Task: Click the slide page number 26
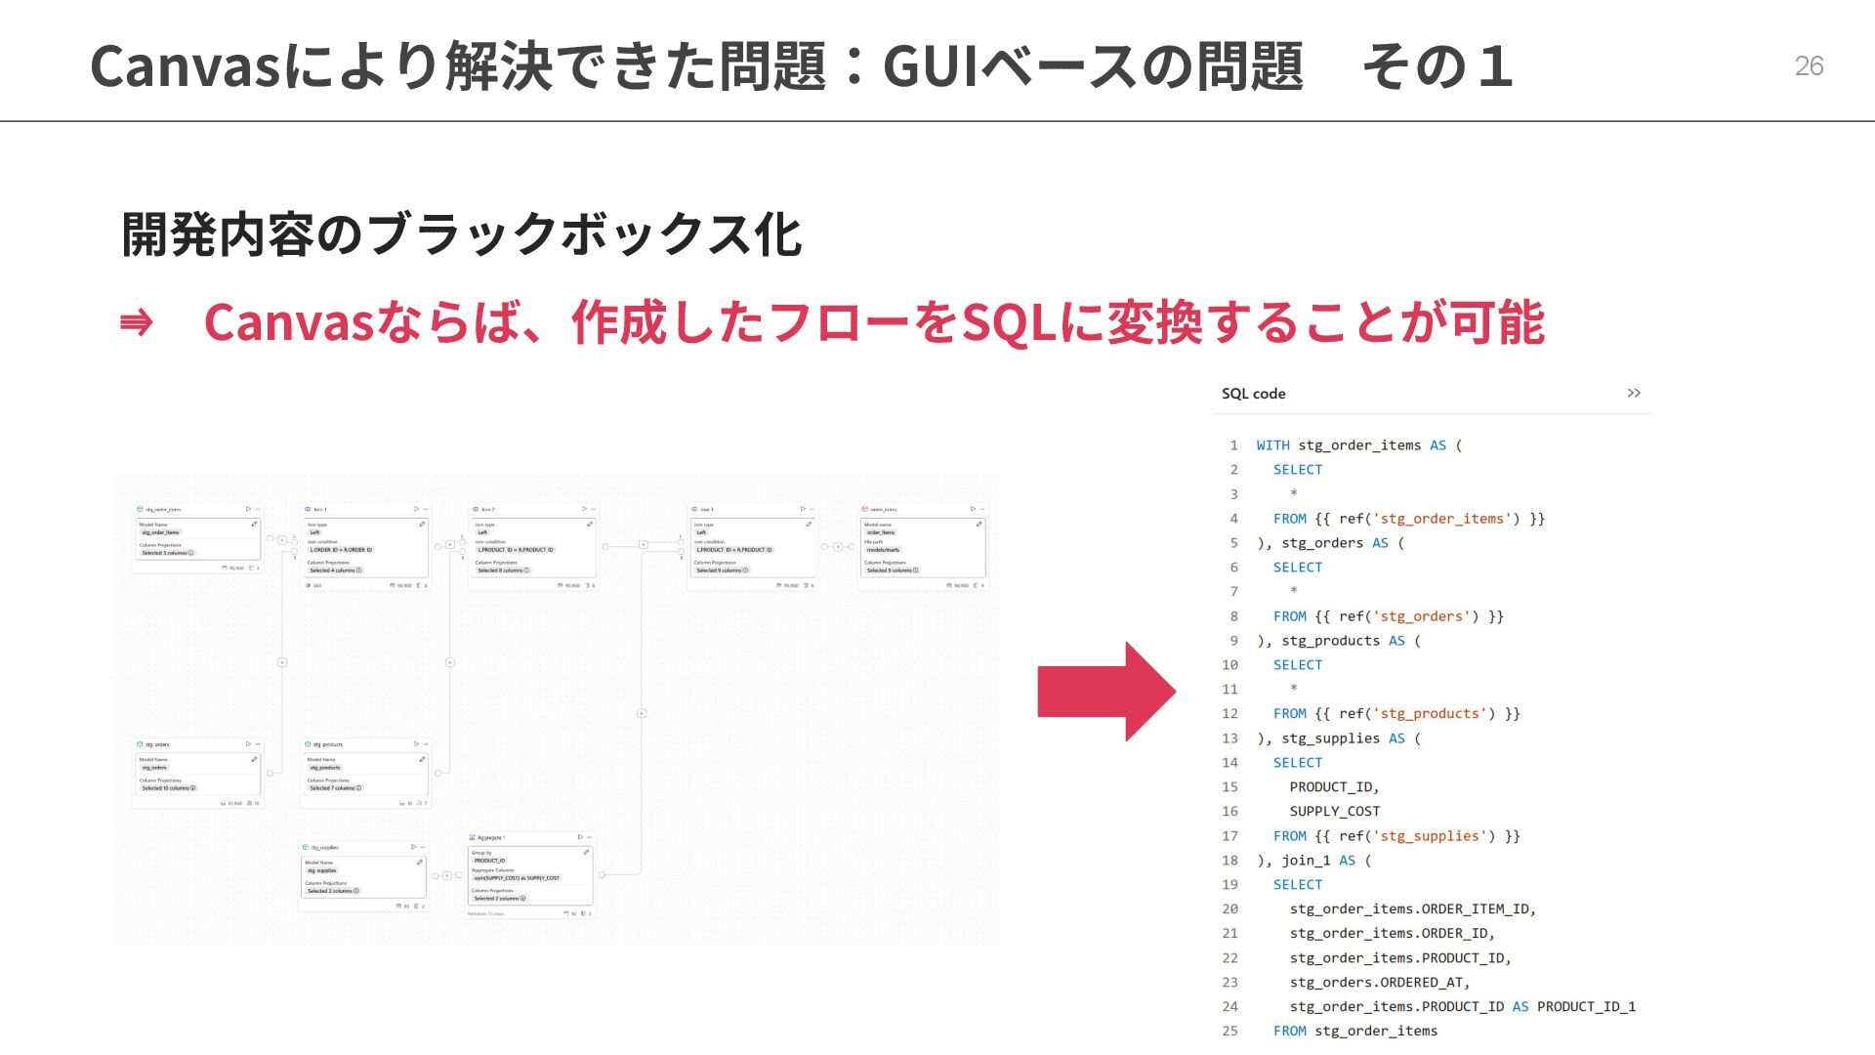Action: pos(1809,65)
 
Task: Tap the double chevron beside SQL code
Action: pos(1634,393)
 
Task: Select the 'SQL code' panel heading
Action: pos(1253,394)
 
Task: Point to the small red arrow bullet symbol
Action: pos(136,322)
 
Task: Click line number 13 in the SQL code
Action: pos(1229,738)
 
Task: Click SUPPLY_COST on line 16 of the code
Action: pos(1334,812)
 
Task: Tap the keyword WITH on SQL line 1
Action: pos(1272,445)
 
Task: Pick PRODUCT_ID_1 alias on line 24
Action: pos(1586,1007)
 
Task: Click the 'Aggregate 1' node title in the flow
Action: pos(491,837)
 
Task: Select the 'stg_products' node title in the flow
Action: pos(327,744)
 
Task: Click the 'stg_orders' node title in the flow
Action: pos(158,744)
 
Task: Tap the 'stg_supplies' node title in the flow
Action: pos(325,847)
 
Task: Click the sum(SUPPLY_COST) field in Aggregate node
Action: pos(517,878)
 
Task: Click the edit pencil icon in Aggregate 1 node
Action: pos(586,852)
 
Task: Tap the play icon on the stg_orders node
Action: pos(248,743)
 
